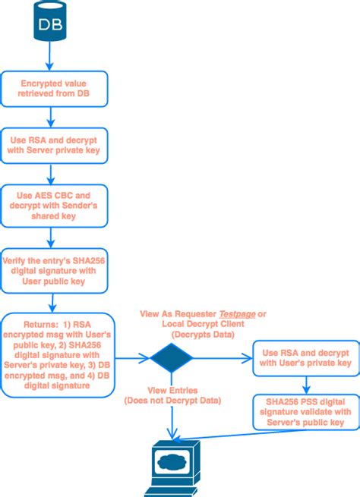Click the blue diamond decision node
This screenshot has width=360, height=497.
(175, 356)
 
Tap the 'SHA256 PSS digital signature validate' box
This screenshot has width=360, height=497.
(302, 410)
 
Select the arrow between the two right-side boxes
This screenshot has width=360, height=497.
(302, 383)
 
